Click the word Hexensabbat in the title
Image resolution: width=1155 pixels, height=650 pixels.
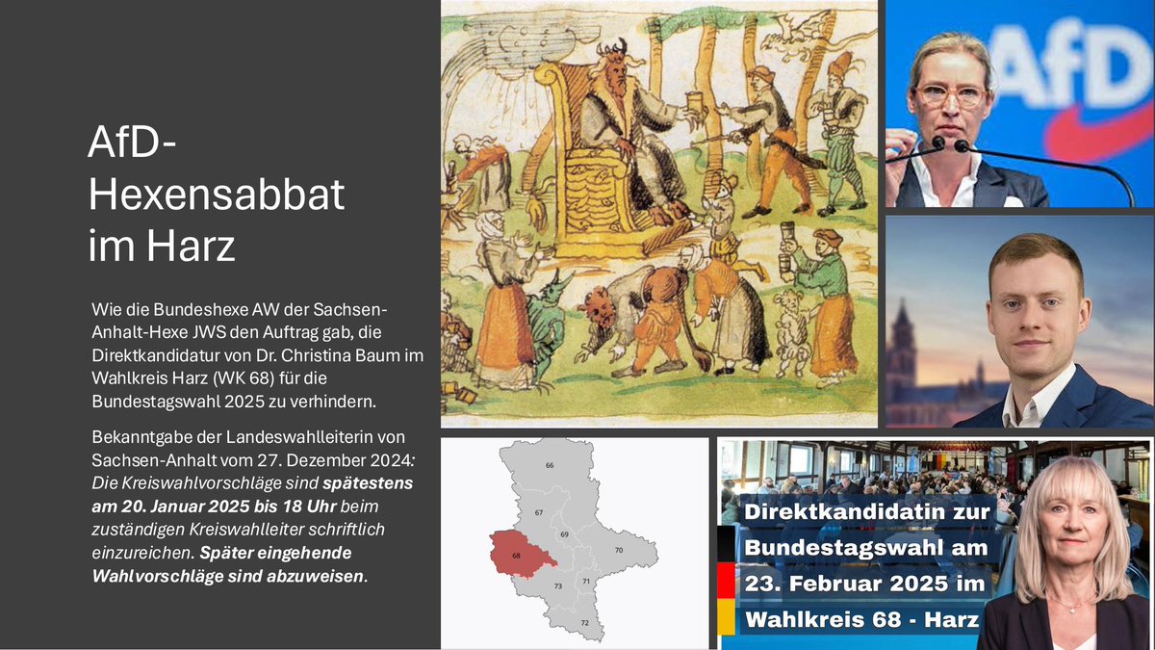coord(217,196)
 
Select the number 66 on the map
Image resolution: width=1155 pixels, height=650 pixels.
coord(550,465)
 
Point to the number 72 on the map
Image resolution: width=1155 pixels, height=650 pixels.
coord(585,624)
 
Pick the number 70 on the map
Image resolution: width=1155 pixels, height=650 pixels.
coord(619,550)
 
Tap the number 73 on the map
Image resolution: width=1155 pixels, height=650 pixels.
coord(557,585)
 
